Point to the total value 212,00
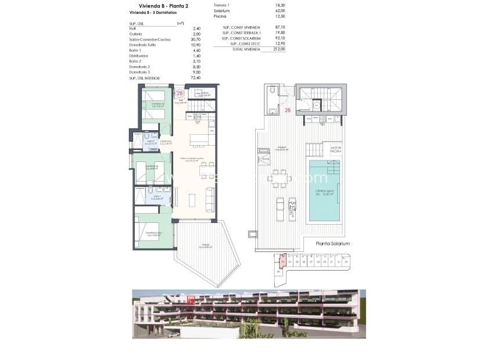280,49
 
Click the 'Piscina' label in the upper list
220,16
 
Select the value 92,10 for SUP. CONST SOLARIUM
280,38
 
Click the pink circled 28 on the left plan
180,93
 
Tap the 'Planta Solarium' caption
333,244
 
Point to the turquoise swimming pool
324,192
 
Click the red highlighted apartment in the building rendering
191,301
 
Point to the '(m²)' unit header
180,23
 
